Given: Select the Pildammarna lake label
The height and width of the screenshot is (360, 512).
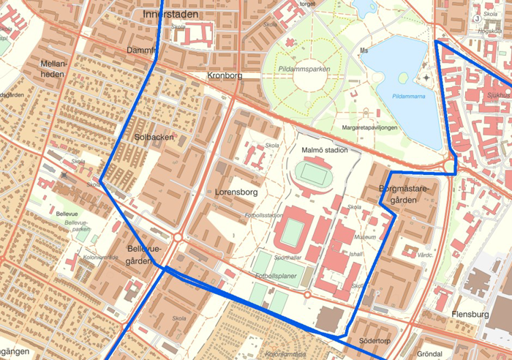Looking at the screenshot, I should point(409,95).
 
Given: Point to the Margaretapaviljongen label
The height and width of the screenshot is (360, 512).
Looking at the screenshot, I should point(369,127).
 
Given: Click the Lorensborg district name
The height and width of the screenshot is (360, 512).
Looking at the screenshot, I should point(238,192).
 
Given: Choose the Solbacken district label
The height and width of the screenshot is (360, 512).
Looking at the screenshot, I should point(154,137).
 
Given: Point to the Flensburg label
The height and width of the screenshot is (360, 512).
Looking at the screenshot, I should point(470,314).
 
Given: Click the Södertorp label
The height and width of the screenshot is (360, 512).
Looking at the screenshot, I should point(376,341).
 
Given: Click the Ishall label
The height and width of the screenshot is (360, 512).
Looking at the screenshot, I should point(356,254).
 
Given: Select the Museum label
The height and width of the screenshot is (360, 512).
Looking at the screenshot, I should point(364,237).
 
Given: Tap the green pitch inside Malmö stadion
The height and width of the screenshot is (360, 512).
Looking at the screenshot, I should point(315,174).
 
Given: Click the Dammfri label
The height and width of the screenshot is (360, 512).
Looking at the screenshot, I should point(141,50).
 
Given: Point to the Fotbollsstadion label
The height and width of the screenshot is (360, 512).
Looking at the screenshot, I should point(264,215).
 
